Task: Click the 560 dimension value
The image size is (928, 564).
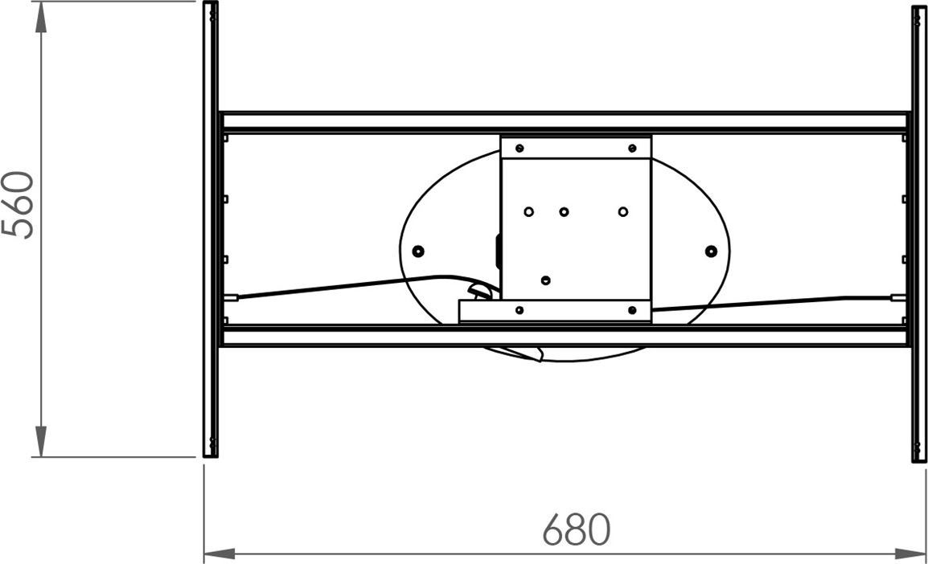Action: pos(18,205)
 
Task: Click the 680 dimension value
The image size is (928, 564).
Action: pos(577,529)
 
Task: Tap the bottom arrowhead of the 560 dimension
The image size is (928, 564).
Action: pos(41,441)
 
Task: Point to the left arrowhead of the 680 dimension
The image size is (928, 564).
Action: pos(219,554)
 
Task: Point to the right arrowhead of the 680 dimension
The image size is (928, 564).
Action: pos(910,554)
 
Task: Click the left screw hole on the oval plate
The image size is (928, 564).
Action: pos(418,251)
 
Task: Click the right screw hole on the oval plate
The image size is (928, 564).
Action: pos(711,251)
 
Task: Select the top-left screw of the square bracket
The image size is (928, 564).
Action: pos(519,148)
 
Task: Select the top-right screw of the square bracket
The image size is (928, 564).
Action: pos(632,148)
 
